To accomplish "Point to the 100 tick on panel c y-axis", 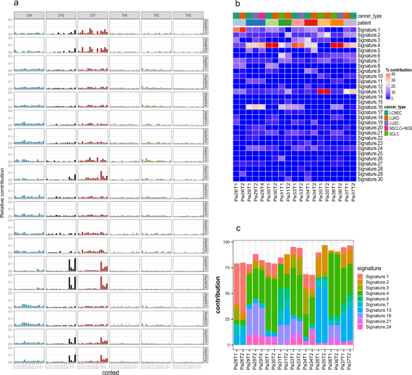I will tap(226, 225).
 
